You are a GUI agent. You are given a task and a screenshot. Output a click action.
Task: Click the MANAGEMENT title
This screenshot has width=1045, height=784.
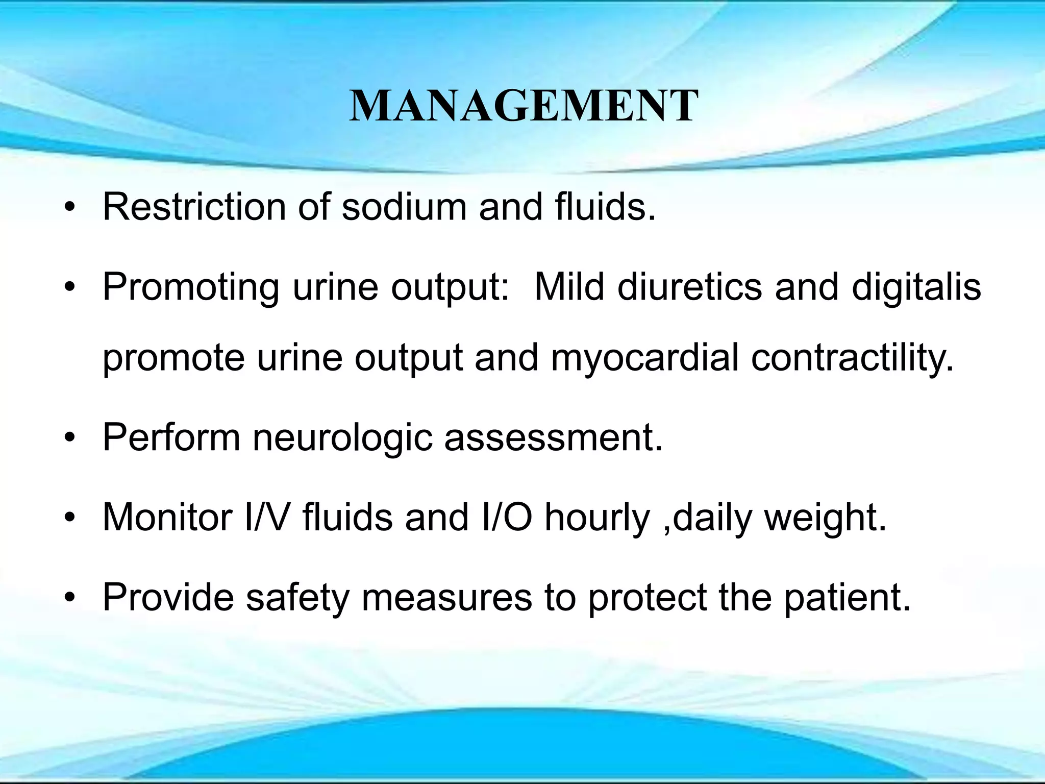coord(524,106)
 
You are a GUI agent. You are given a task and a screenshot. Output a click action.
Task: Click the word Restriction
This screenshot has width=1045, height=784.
coord(194,207)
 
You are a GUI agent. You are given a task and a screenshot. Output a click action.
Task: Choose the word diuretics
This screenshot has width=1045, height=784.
coord(690,286)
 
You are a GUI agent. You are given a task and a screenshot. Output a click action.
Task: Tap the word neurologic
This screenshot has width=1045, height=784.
coord(342,438)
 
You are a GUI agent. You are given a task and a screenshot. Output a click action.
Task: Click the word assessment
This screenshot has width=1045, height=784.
coord(553,438)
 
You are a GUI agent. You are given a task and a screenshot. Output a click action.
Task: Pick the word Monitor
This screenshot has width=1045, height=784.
coord(168,517)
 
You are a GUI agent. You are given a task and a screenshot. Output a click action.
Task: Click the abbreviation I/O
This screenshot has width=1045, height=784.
coord(506,517)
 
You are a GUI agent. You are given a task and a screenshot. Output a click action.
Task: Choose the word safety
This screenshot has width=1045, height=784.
coord(298,597)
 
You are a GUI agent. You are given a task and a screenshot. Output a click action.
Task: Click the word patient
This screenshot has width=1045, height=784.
coord(847,597)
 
